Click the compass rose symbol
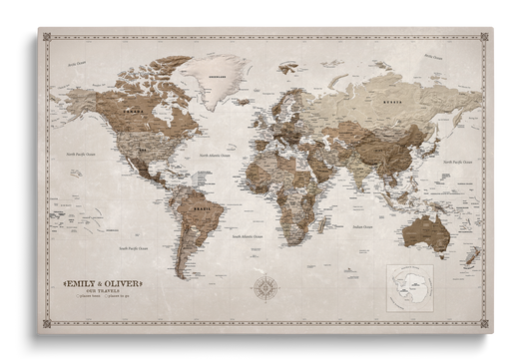tap(267, 290)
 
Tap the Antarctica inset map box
tap(411, 288)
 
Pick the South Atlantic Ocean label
tap(248, 236)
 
